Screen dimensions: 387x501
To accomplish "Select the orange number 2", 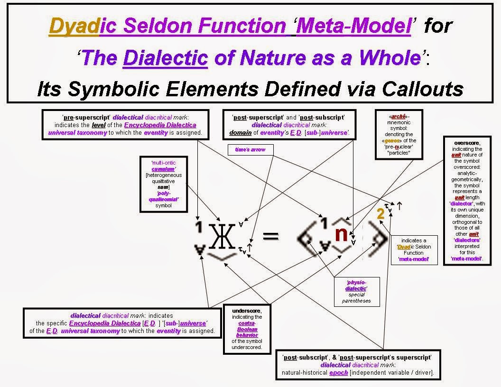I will tap(380, 214).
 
